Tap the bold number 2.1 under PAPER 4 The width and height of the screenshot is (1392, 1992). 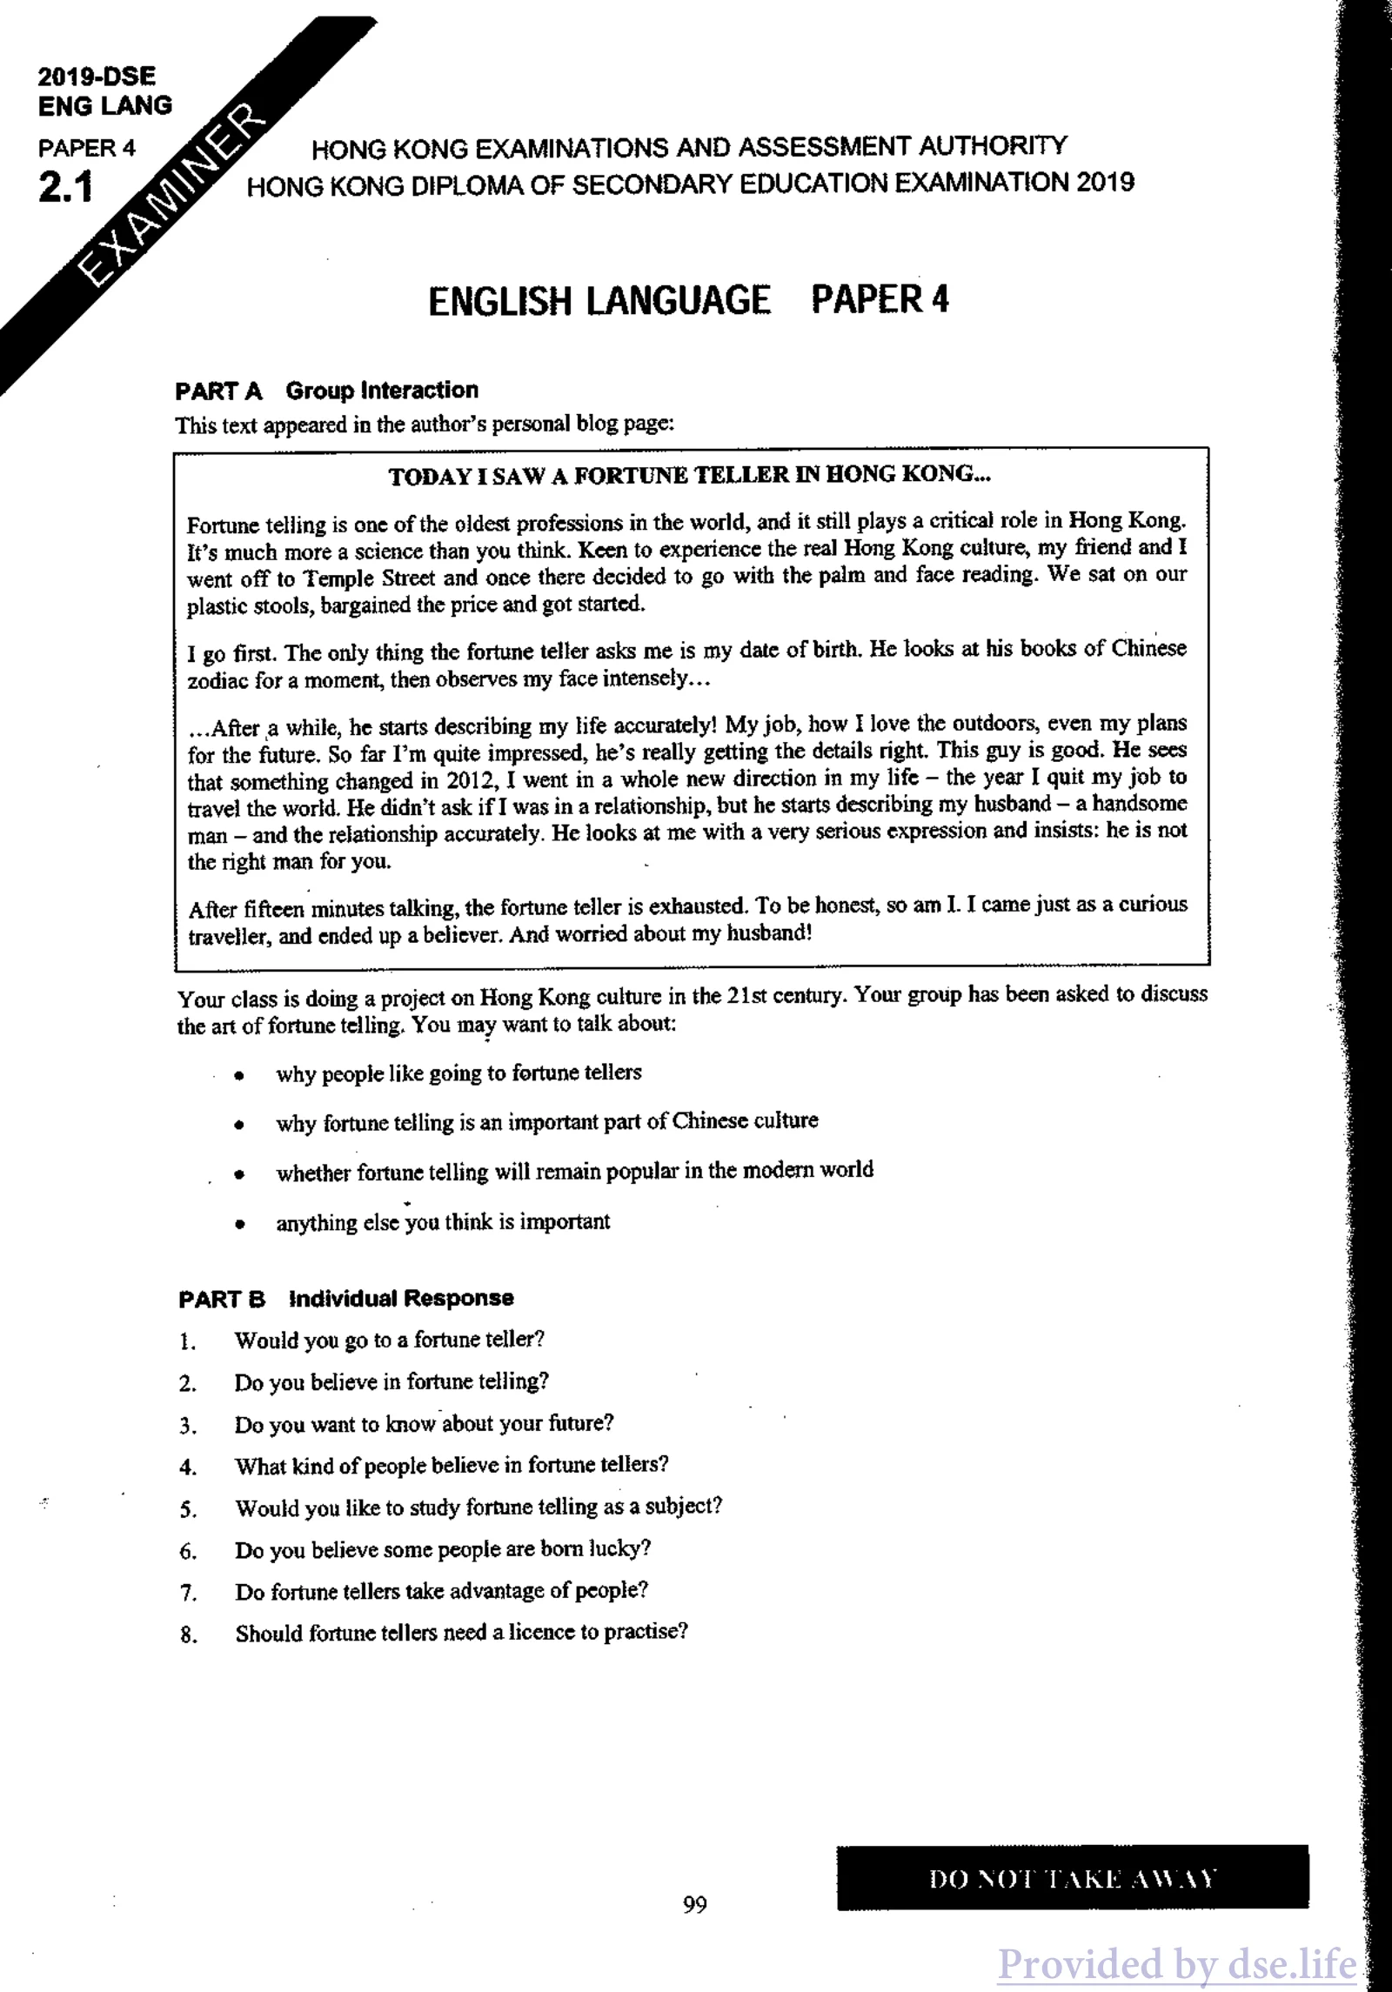click(x=65, y=188)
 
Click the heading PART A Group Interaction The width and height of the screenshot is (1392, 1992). click(x=326, y=391)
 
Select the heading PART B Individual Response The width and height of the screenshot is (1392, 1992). click(x=345, y=1298)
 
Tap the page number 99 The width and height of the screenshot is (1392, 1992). click(x=694, y=1905)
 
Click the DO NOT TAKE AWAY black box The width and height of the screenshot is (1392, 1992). click(x=1072, y=1878)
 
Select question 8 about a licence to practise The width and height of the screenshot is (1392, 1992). click(x=461, y=1633)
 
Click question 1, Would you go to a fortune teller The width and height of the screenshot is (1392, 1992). click(x=389, y=1340)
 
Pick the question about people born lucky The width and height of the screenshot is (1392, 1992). click(x=443, y=1548)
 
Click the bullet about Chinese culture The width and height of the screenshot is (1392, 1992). click(x=546, y=1121)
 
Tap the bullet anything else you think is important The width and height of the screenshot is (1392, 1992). click(x=443, y=1222)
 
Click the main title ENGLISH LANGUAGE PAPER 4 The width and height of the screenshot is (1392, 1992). click(x=688, y=300)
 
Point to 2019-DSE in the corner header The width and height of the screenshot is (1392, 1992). click(x=97, y=77)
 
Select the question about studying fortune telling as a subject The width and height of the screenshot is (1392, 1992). click(x=478, y=1507)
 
